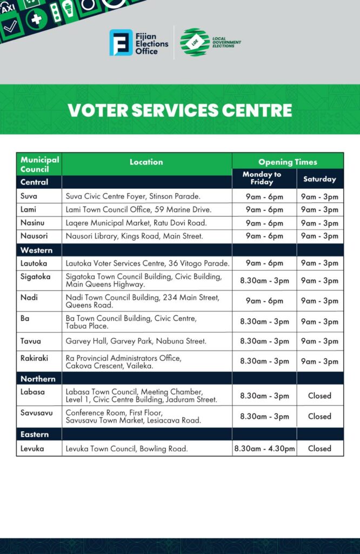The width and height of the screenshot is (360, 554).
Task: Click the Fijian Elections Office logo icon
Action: (121, 43)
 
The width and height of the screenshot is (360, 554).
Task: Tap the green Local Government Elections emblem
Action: (195, 42)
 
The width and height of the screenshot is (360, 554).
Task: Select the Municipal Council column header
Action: (39, 164)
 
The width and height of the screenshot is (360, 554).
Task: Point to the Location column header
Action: (146, 162)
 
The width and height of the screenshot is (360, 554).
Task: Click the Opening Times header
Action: (288, 162)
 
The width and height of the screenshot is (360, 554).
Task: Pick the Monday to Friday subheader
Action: (262, 178)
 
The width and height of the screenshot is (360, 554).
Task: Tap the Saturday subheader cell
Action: (319, 179)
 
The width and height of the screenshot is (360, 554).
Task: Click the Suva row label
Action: (29, 196)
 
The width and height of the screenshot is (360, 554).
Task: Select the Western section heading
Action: (37, 250)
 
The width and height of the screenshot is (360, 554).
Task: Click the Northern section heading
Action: (38, 379)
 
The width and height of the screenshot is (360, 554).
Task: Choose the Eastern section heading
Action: (35, 434)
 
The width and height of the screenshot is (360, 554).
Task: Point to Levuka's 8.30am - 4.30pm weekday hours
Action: (264, 449)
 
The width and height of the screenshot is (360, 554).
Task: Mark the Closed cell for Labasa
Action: (319, 395)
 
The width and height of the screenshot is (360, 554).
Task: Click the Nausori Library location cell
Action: (127, 236)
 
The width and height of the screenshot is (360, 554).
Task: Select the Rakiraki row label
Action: (35, 358)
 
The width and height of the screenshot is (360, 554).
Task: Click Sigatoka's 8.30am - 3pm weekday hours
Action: (264, 281)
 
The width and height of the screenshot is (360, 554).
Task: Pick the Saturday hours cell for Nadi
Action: (319, 301)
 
